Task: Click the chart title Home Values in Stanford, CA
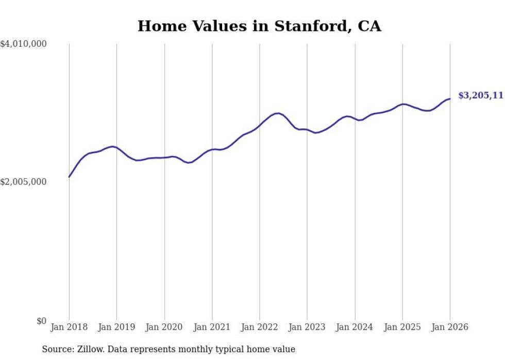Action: (x=259, y=26)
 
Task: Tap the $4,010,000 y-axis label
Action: (x=24, y=44)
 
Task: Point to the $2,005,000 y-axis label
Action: (x=24, y=182)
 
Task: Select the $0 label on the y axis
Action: (x=41, y=321)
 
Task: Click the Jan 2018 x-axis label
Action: (x=69, y=327)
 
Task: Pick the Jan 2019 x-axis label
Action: (x=116, y=327)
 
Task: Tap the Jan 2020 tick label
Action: (x=164, y=327)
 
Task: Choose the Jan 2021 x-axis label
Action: (x=212, y=327)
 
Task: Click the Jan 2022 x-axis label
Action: (x=260, y=327)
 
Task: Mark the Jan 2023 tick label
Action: (x=307, y=327)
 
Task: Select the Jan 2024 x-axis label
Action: (x=355, y=327)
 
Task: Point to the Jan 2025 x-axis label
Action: (x=402, y=327)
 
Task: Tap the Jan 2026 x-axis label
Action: (x=450, y=327)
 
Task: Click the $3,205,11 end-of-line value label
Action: (x=480, y=95)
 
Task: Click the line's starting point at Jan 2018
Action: (x=69, y=177)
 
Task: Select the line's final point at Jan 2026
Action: (x=450, y=99)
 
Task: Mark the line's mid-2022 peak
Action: (x=278, y=113)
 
